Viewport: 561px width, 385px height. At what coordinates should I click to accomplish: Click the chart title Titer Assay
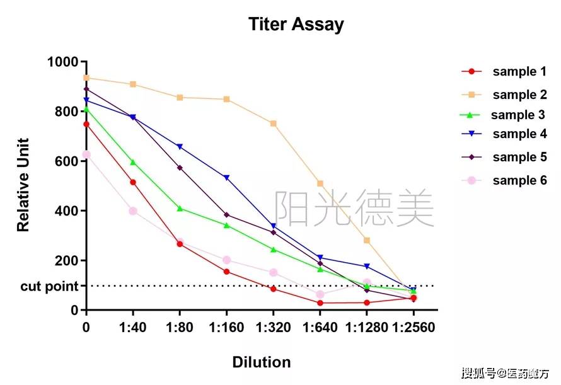point(296,25)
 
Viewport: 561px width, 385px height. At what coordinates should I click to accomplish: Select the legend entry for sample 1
point(519,72)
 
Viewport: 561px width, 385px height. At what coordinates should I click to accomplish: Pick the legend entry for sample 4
point(519,134)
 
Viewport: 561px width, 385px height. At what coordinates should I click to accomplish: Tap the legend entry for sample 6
point(519,180)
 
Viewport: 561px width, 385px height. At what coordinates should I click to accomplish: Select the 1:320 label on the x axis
point(273,328)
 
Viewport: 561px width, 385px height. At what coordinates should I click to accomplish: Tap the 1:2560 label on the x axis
point(414,328)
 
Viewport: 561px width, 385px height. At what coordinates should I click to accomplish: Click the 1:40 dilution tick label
point(133,328)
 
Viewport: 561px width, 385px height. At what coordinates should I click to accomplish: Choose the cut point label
point(49,287)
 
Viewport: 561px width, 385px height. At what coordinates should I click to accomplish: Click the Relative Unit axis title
point(23,185)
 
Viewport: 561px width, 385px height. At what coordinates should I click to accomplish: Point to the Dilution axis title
point(262,362)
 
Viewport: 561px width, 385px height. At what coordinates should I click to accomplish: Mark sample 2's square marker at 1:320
point(274,124)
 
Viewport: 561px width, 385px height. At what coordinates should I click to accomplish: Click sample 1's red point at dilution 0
point(86,124)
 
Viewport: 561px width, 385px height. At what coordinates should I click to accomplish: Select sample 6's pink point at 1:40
point(133,211)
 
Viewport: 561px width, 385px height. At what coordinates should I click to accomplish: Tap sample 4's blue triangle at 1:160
point(227,178)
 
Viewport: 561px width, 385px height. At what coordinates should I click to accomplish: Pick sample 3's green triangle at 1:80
point(180,208)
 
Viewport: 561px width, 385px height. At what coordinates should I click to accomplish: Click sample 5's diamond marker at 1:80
point(180,168)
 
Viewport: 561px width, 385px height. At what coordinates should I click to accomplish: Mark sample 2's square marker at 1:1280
point(367,240)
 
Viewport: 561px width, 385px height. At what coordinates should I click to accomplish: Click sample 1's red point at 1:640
point(320,303)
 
